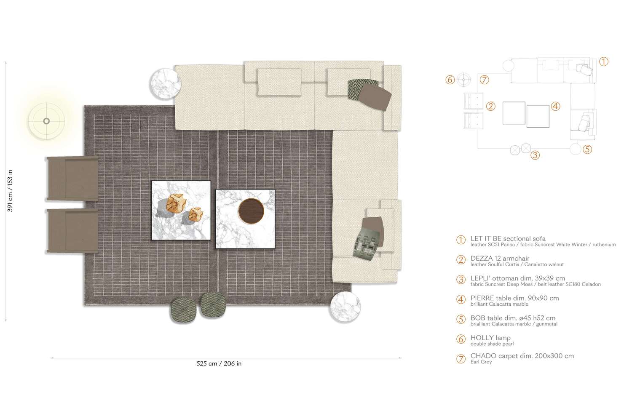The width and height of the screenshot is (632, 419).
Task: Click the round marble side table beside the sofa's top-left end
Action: pos(166,83)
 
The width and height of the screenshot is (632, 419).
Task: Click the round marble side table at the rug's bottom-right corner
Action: pos(345,307)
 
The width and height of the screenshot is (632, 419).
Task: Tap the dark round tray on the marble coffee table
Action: pos(251,210)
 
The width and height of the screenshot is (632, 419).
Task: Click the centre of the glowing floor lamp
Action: pos(46,121)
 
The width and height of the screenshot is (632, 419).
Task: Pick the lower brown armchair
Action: pos(72,231)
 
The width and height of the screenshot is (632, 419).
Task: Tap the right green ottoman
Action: pos(213,304)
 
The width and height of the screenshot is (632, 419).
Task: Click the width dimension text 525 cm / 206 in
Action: pos(219,363)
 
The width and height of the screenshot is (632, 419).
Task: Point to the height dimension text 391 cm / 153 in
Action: pos(10,190)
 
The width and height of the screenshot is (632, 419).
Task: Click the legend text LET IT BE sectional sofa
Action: pos(508,238)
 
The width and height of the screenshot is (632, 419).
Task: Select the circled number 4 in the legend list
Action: pos(461,299)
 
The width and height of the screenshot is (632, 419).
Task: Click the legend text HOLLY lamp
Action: pos(490,338)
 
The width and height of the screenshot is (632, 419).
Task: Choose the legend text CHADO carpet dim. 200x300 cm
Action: pos(522,356)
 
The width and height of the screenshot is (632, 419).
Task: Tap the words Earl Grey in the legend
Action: pos(481,362)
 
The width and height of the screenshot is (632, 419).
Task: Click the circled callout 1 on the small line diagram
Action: pos(603,61)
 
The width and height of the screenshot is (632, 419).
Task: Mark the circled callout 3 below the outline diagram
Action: pos(535,155)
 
